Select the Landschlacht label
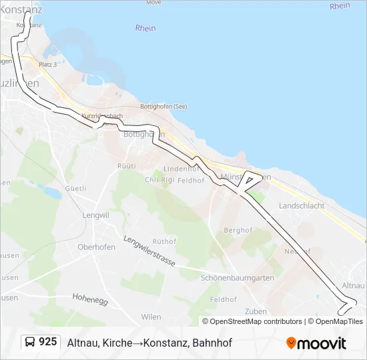[302, 206]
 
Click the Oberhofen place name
[96, 247]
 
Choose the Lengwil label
[95, 215]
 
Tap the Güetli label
[75, 189]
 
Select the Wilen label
[151, 317]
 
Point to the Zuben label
[256, 311]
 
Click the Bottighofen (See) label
[163, 107]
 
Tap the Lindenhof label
[177, 169]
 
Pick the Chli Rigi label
[159, 180]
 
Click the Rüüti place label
[126, 165]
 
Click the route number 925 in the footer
[47, 342]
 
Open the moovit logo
[316, 343]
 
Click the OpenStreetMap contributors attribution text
[256, 321]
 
